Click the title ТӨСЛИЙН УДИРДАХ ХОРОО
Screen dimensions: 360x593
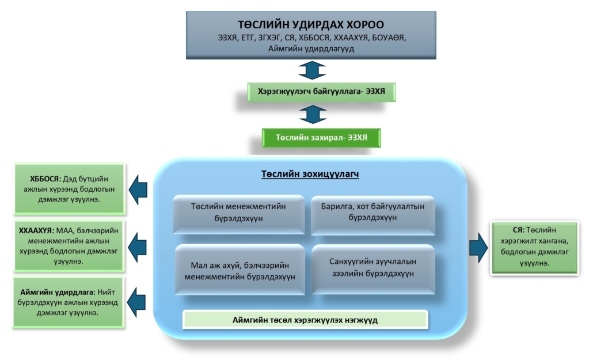pyautogui.click(x=311, y=25)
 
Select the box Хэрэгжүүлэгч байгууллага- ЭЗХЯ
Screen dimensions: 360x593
pyautogui.click(x=321, y=92)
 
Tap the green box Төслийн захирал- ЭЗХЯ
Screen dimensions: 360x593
pyautogui.click(x=321, y=138)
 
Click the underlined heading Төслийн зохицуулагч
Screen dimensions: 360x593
pyautogui.click(x=310, y=174)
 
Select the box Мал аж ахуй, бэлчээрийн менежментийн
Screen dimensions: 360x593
pyautogui.click(x=239, y=270)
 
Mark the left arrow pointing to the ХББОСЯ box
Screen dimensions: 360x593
pyautogui.click(x=138, y=188)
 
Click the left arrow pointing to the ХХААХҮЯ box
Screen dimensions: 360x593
pyautogui.click(x=138, y=246)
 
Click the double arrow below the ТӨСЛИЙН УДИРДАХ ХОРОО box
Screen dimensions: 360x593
pyautogui.click(x=313, y=70)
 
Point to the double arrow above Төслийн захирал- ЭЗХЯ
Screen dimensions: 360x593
pyautogui.click(x=313, y=115)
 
